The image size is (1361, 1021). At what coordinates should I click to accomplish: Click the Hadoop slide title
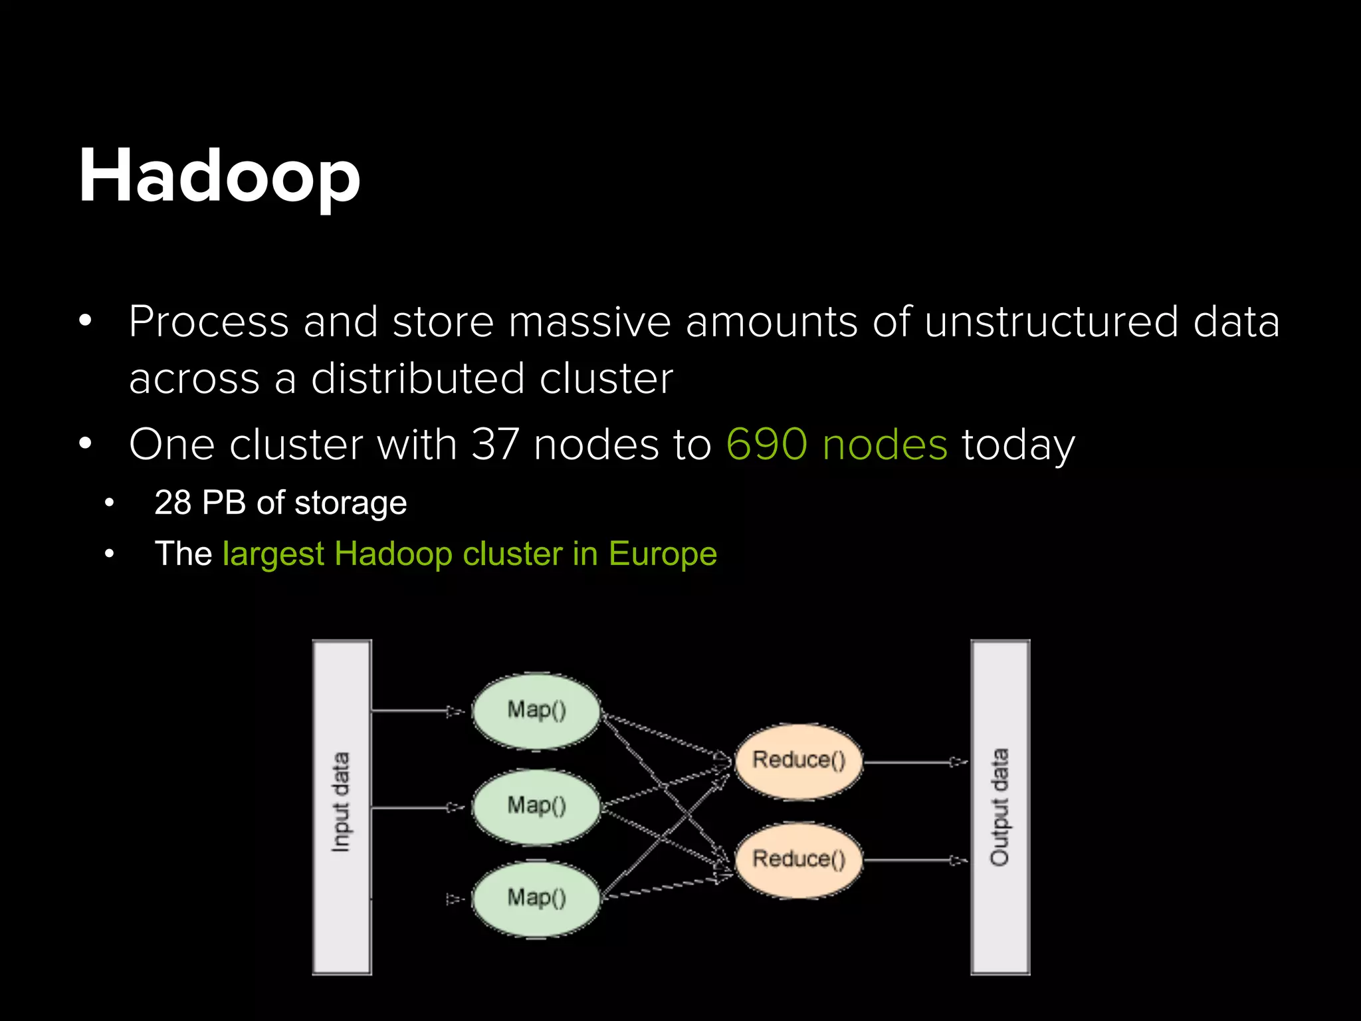(x=219, y=177)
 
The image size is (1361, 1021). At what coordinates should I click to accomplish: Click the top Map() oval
(x=536, y=711)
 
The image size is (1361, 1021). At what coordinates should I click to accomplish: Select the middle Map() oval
(x=536, y=806)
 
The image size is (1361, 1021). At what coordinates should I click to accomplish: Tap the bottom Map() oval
(x=536, y=898)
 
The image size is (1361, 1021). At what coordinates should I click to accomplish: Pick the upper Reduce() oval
(x=798, y=760)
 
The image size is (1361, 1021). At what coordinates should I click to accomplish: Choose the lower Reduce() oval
(x=798, y=859)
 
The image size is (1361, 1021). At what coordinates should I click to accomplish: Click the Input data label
(x=341, y=802)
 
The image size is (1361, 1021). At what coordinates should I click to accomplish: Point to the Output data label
(x=999, y=807)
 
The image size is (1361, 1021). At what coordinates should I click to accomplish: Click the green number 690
(x=766, y=444)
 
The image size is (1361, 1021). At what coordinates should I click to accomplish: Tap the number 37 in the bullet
(x=495, y=444)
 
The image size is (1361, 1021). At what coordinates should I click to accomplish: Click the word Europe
(x=663, y=554)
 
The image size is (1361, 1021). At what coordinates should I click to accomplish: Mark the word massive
(x=589, y=322)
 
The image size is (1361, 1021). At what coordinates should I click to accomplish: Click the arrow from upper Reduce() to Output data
(x=916, y=762)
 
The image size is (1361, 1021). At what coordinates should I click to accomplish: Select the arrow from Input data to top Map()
(x=417, y=711)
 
